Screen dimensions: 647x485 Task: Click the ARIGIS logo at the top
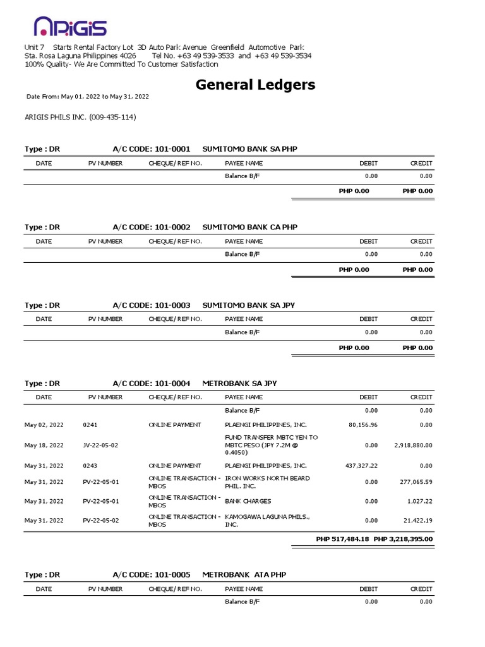tap(69, 27)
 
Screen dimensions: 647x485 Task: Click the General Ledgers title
tap(255, 84)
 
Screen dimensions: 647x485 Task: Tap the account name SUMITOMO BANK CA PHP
tap(249, 227)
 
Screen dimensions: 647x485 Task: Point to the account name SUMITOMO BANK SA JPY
tap(248, 305)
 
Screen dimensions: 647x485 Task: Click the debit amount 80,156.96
tap(362, 425)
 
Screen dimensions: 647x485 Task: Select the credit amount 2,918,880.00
tap(413, 445)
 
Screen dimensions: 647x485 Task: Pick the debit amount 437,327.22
tap(361, 465)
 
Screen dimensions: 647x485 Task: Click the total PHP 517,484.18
tap(342, 539)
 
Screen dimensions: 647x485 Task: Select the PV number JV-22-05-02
tap(100, 445)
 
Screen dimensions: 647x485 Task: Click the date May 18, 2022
tap(44, 445)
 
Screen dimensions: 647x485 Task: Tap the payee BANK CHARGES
tap(248, 501)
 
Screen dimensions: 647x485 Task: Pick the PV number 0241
tap(90, 425)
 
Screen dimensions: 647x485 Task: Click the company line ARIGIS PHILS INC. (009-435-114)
tap(80, 117)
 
